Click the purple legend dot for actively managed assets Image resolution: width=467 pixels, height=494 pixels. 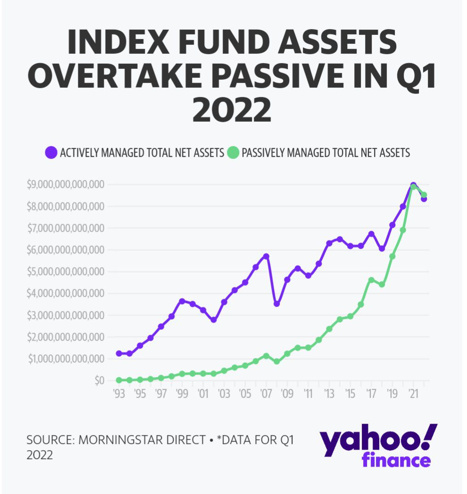point(51,152)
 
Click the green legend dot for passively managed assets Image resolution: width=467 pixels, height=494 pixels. point(233,152)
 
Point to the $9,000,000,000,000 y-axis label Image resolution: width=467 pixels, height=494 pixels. point(66,184)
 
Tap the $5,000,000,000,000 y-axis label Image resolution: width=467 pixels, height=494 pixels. point(66,272)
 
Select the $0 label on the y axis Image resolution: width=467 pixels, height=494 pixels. point(100,381)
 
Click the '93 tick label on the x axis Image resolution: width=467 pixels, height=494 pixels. point(119,394)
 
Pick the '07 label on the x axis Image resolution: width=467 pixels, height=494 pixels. point(266,394)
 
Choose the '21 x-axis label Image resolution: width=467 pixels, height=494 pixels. point(413,394)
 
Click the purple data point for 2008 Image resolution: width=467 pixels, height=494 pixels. point(277,304)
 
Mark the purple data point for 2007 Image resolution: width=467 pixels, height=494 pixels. point(266,256)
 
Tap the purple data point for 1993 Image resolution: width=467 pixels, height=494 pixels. point(119,353)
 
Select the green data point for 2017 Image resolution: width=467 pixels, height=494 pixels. point(371,280)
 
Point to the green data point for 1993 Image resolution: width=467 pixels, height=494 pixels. point(119,380)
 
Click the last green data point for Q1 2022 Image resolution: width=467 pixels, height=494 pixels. point(424,195)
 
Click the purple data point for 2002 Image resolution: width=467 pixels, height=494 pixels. point(214,320)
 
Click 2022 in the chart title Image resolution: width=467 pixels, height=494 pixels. point(232,110)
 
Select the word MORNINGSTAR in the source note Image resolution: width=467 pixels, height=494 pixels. point(142,440)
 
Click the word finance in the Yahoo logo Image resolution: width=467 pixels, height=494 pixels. point(396,461)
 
